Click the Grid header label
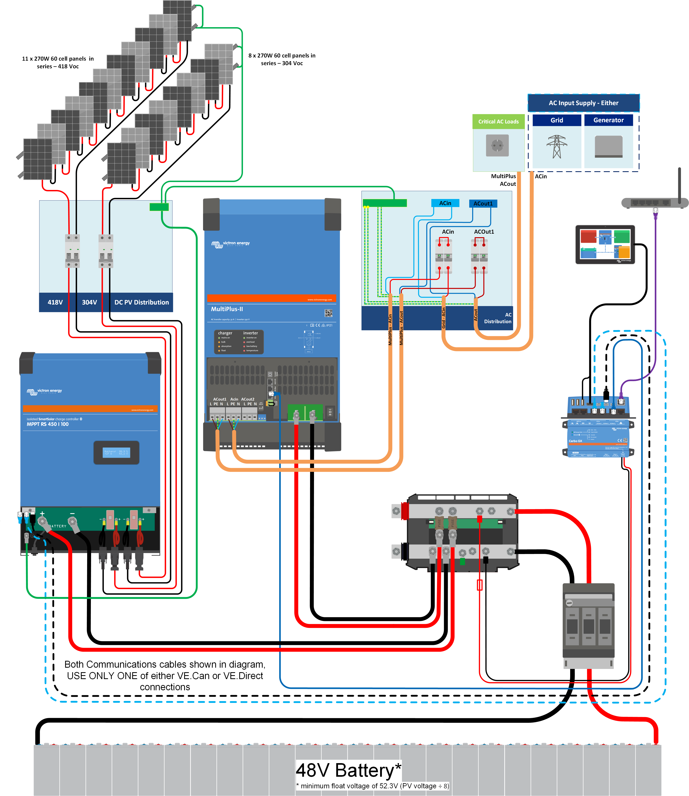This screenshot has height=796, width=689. click(557, 120)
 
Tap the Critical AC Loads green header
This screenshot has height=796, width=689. click(498, 122)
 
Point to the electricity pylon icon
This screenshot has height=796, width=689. click(557, 147)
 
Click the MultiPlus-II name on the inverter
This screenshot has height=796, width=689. click(227, 309)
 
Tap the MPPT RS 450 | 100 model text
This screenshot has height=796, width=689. click(48, 424)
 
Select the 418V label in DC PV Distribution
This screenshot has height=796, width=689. click(55, 302)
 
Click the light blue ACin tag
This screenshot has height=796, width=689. click(445, 203)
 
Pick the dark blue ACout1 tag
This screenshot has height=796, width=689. click(483, 204)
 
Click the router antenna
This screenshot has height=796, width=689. click(679, 185)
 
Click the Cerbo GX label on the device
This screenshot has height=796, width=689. click(575, 441)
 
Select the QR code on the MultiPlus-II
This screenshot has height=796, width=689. click(328, 313)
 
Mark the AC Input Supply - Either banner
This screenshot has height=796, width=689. click(583, 103)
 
